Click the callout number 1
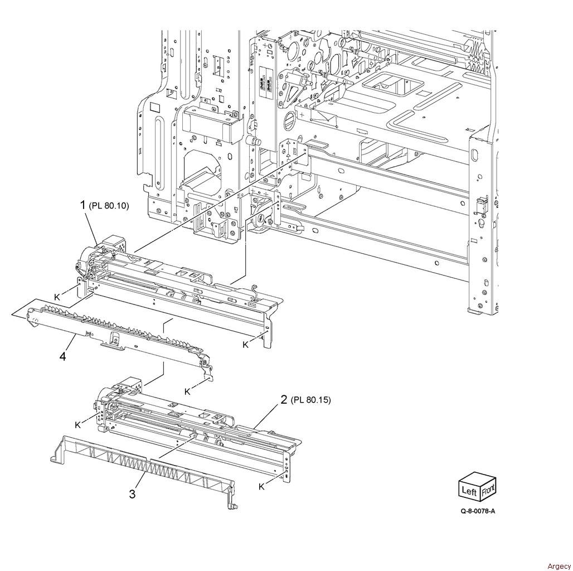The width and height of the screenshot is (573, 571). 83,206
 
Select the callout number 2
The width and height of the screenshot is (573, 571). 284,399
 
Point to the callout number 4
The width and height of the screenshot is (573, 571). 62,355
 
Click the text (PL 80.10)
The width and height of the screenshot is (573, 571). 109,206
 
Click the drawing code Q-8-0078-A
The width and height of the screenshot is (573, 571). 478,526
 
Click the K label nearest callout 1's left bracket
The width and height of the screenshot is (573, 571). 57,296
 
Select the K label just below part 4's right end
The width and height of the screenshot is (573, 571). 187,391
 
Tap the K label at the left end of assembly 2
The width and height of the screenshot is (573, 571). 77,425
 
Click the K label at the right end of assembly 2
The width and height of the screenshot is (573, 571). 261,486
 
